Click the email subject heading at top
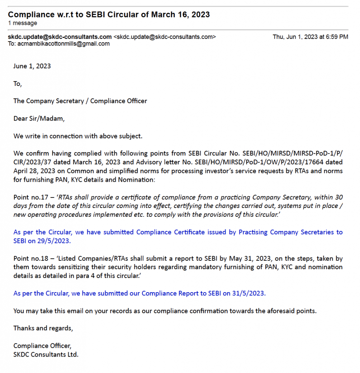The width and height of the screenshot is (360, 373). click(x=108, y=15)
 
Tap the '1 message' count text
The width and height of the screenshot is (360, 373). click(x=22, y=23)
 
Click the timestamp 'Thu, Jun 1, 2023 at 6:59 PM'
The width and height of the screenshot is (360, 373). click(x=310, y=37)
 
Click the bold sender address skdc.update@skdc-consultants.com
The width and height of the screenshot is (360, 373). click(x=60, y=37)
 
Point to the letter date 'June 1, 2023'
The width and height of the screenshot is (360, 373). click(x=32, y=66)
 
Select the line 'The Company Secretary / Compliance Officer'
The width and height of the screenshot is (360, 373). click(x=80, y=101)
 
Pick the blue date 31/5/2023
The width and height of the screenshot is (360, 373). click(x=249, y=293)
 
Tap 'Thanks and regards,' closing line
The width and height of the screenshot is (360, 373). click(x=43, y=328)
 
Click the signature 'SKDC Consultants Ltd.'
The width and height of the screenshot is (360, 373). click(x=46, y=354)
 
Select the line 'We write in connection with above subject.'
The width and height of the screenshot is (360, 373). click(x=78, y=136)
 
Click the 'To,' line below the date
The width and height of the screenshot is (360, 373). click(x=17, y=84)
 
